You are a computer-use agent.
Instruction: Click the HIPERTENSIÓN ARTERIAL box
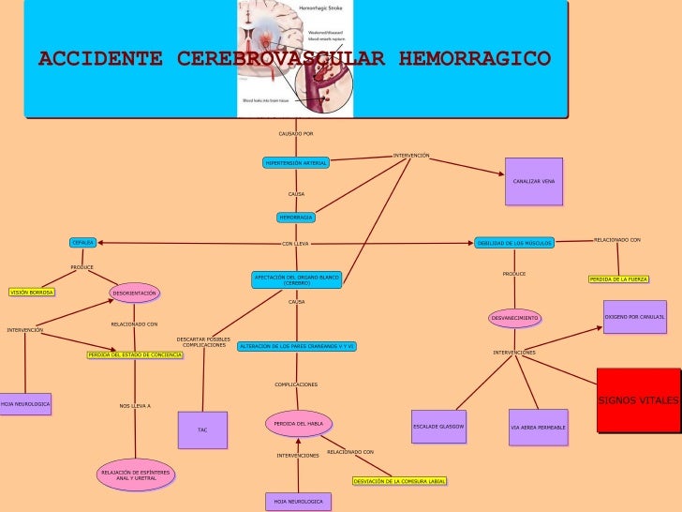tap(296, 163)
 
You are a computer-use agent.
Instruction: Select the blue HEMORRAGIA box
tap(296, 218)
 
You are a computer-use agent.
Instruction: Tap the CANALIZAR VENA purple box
tap(534, 180)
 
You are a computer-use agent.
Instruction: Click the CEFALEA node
tap(83, 243)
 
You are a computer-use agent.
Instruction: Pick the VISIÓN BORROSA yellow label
tap(32, 293)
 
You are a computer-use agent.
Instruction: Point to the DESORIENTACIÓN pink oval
tap(134, 294)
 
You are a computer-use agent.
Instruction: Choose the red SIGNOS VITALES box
tap(639, 400)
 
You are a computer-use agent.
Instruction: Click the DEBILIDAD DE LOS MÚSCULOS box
tap(514, 243)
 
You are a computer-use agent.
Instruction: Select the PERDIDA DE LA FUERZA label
tap(618, 279)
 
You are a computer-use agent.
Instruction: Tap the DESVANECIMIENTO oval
tap(515, 318)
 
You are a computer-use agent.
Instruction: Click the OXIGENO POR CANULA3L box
tap(634, 317)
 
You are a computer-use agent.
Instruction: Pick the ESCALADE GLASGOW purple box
tap(438, 427)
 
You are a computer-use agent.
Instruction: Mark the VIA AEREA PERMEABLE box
tap(538, 428)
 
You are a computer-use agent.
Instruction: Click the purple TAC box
tap(202, 429)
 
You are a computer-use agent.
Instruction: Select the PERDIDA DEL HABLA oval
tap(299, 424)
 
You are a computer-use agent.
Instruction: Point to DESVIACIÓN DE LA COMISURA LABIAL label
tap(399, 481)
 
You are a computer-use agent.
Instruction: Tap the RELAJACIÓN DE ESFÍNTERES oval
tap(136, 475)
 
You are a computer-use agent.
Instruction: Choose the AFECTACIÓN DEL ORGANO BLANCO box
tap(297, 279)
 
